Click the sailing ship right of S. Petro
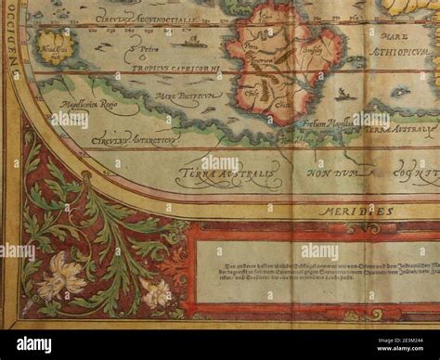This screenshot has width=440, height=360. point(190,40)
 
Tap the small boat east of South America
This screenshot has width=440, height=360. point(344,93)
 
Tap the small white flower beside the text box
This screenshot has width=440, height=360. point(156,293)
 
